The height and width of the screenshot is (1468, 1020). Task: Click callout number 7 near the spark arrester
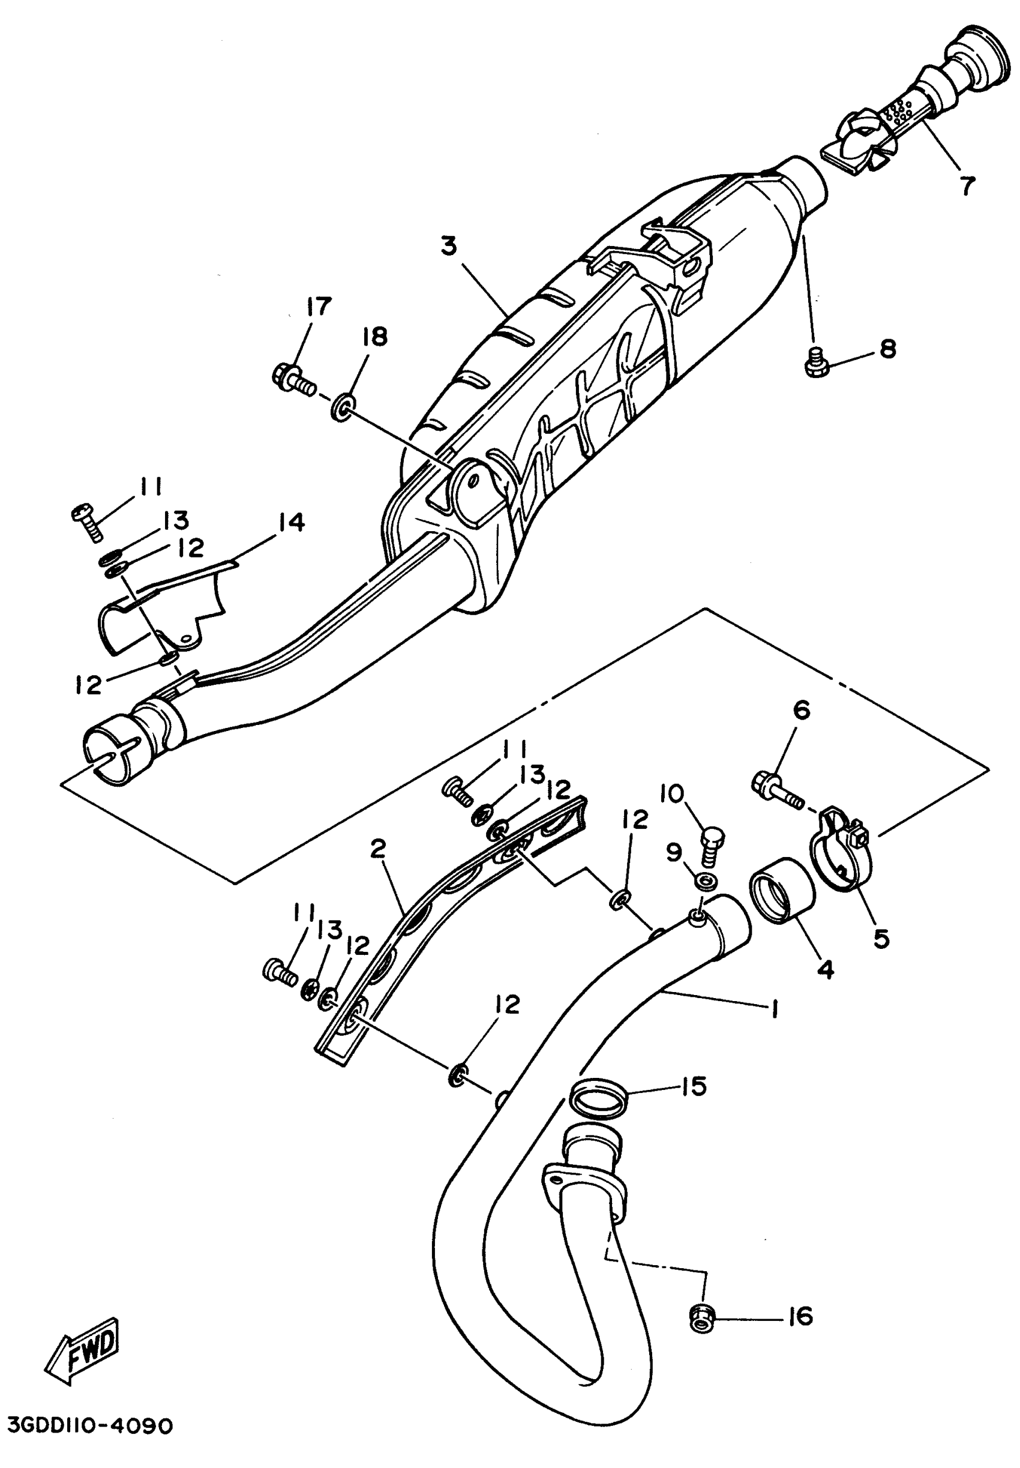tap(968, 185)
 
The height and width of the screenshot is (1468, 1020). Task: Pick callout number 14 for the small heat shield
tap(290, 522)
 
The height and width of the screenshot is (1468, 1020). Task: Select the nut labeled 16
tap(702, 1320)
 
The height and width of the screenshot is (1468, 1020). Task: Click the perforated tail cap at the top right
tap(920, 89)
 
